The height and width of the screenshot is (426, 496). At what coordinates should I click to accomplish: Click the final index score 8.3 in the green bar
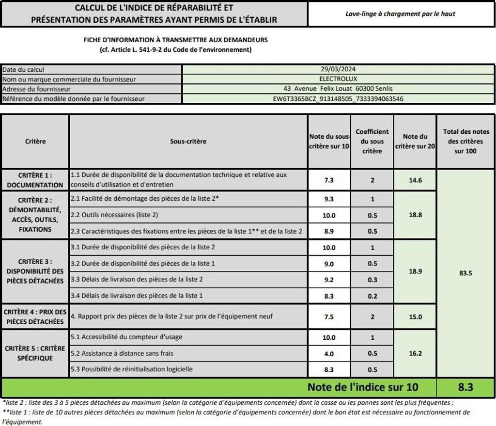(x=465, y=387)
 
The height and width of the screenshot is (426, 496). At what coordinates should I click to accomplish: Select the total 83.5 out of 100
(x=465, y=273)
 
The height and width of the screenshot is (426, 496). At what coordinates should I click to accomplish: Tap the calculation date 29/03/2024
(x=338, y=69)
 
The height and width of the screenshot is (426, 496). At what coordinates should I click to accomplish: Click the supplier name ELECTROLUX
(x=338, y=79)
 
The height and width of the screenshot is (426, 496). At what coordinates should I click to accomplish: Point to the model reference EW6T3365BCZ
(x=338, y=99)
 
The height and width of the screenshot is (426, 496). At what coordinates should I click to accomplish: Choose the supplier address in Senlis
(x=338, y=89)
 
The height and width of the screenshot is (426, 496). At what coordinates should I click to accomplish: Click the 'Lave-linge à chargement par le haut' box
(x=400, y=14)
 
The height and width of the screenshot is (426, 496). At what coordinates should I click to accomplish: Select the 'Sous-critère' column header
(x=188, y=142)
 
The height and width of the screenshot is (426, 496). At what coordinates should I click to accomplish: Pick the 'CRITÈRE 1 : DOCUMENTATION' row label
(x=35, y=180)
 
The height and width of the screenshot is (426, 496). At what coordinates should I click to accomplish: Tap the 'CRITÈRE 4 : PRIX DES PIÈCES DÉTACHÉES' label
(x=35, y=316)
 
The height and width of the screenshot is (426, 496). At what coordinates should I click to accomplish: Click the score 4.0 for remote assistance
(x=329, y=353)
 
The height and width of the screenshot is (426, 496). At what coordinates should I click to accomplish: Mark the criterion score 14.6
(x=415, y=180)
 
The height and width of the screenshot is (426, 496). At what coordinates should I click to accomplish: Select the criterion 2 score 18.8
(x=415, y=215)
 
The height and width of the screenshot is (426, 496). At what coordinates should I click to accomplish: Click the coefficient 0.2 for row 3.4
(x=372, y=295)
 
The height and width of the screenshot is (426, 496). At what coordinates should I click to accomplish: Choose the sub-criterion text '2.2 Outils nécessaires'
(x=114, y=215)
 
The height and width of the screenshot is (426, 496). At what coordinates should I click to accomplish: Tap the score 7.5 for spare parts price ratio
(x=329, y=316)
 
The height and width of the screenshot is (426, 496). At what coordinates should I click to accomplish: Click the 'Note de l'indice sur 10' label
(x=362, y=387)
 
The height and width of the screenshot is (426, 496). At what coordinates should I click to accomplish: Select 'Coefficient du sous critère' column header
(x=372, y=142)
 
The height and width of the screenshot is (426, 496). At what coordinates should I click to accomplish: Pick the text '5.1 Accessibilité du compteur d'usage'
(x=126, y=337)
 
